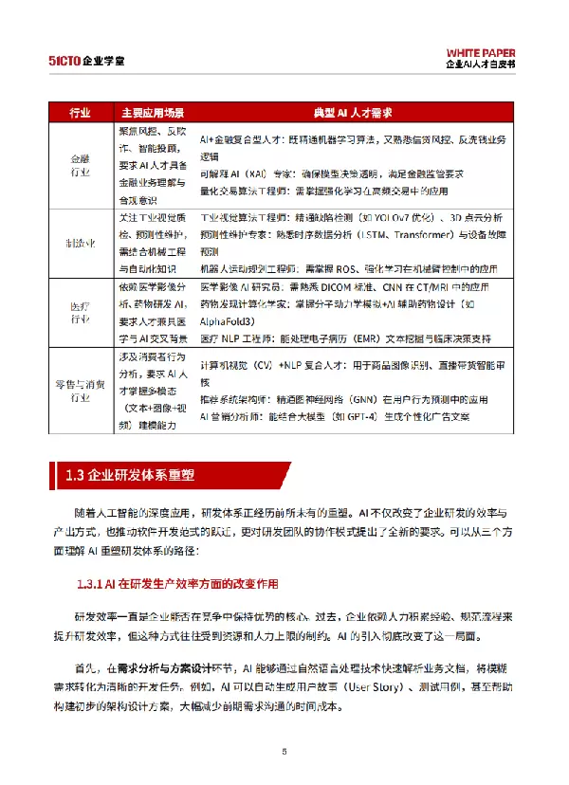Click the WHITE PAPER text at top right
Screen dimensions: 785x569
click(x=482, y=51)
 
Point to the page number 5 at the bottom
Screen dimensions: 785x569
click(x=284, y=752)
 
